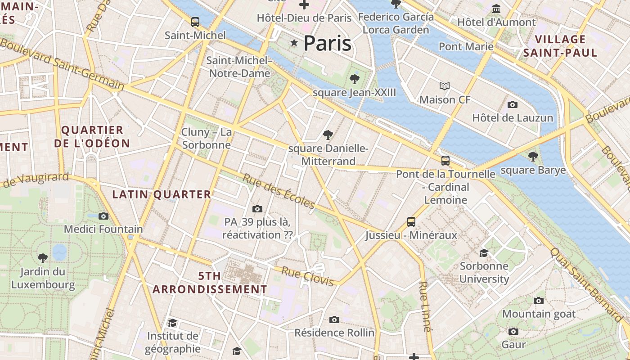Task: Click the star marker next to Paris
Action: [x=294, y=43]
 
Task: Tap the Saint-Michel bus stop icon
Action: [x=195, y=22]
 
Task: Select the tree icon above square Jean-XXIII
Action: [x=355, y=79]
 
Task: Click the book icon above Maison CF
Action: [x=444, y=86]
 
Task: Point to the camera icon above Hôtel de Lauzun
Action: [x=512, y=105]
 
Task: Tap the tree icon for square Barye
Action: [x=533, y=157]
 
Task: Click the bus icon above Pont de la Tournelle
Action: [x=445, y=160]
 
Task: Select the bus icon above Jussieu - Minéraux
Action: [x=411, y=221]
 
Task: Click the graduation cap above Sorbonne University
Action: [x=484, y=253]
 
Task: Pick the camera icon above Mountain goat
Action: [x=538, y=301]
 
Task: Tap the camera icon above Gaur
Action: [x=513, y=332]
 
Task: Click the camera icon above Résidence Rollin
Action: [x=334, y=319]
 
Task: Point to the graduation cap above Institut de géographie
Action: [x=172, y=323]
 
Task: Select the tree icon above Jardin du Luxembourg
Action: [x=43, y=258]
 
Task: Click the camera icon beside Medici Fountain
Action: [x=103, y=216]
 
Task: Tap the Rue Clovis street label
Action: [x=308, y=276]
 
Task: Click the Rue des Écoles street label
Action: [x=279, y=191]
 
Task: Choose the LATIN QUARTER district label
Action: [x=162, y=194]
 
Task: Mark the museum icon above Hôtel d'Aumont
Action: [x=496, y=9]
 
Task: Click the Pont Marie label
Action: [x=466, y=46]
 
